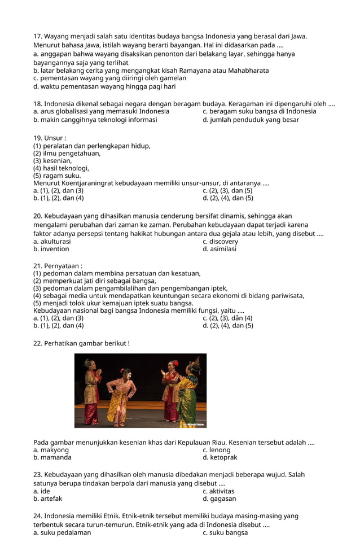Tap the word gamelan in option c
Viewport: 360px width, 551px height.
172,78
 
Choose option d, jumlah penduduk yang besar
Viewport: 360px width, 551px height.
251,120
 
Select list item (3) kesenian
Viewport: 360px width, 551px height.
52,161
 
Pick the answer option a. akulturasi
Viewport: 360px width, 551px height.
52,242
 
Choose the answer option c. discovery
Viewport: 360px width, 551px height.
220,242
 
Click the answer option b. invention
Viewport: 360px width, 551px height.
51,249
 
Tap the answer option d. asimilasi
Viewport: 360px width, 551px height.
219,249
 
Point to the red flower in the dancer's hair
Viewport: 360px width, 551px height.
176,363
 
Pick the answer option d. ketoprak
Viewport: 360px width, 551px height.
219,458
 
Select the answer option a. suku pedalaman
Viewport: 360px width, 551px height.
62,532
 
